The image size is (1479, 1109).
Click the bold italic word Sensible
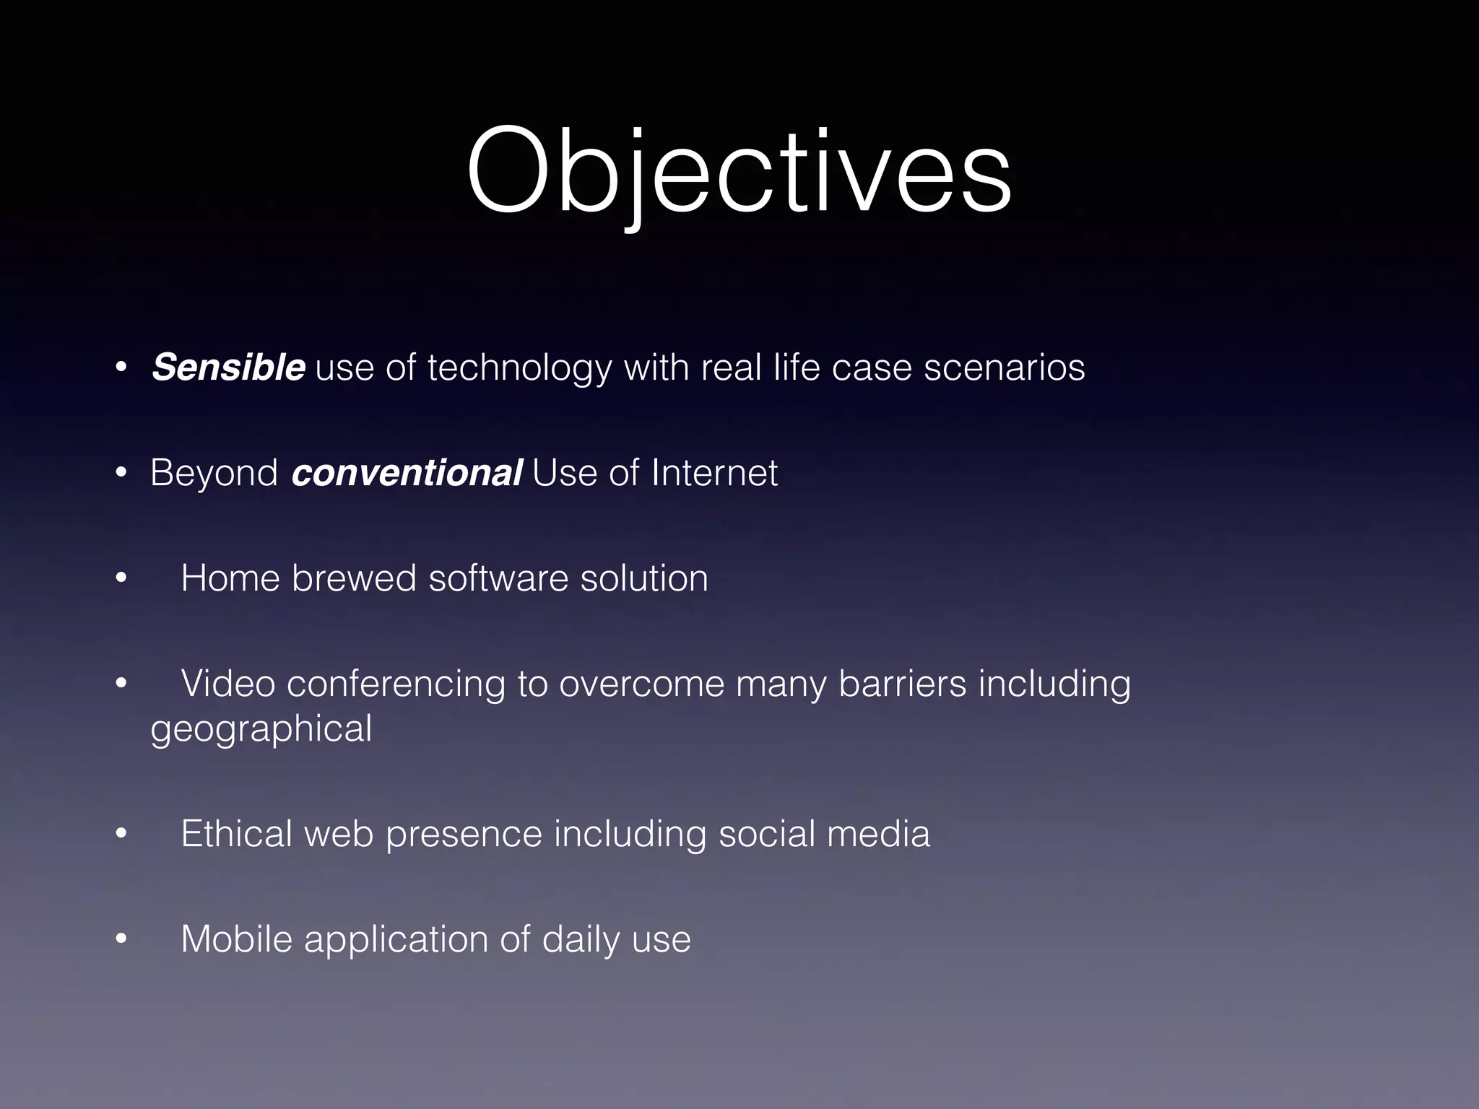click(x=228, y=368)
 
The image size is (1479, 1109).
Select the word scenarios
click(x=1005, y=368)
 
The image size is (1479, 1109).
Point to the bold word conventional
click(x=407, y=474)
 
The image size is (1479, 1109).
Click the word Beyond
click(x=214, y=474)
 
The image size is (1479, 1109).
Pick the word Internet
click(x=715, y=474)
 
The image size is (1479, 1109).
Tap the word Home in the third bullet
click(x=230, y=578)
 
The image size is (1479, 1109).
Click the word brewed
click(x=354, y=578)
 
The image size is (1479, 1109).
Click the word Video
click(x=227, y=683)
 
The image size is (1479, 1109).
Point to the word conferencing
click(x=396, y=684)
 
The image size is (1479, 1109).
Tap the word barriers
click(x=902, y=683)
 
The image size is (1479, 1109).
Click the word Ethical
click(x=236, y=834)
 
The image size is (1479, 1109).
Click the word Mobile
click(x=236, y=939)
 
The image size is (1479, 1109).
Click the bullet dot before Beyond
click(x=121, y=474)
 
